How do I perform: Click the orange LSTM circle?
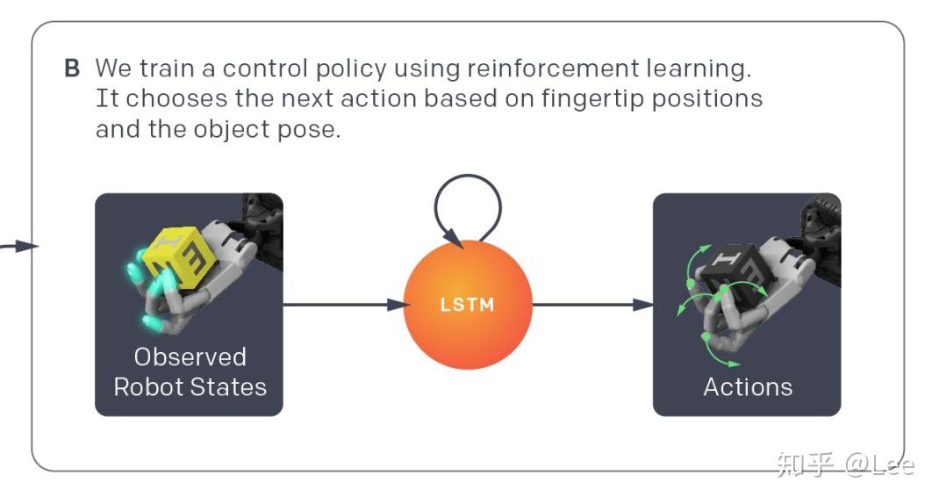pyautogui.click(x=468, y=305)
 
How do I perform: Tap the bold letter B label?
pyautogui.click(x=72, y=68)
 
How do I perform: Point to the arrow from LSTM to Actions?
pyautogui.click(x=592, y=305)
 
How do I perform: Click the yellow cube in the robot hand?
pyautogui.click(x=180, y=256)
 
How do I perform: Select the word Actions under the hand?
pyautogui.click(x=747, y=386)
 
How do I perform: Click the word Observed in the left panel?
pyautogui.click(x=190, y=356)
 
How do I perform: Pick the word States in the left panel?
pyautogui.click(x=228, y=386)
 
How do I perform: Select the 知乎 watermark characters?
pyautogui.click(x=804, y=464)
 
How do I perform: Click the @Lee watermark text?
pyautogui.click(x=879, y=464)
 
